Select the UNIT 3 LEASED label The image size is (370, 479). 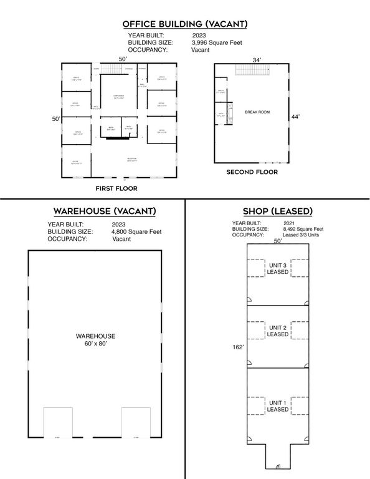tap(277, 268)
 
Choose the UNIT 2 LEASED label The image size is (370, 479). tap(277, 331)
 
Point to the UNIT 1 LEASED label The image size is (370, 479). tap(277, 405)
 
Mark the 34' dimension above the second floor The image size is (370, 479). tap(256, 60)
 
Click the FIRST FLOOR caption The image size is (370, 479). tap(116, 188)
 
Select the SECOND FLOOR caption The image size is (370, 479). tap(252, 172)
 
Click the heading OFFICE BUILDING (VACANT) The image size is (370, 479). tap(185, 24)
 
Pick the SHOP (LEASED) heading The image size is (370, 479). tap(277, 211)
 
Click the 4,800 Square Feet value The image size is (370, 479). tap(136, 231)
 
